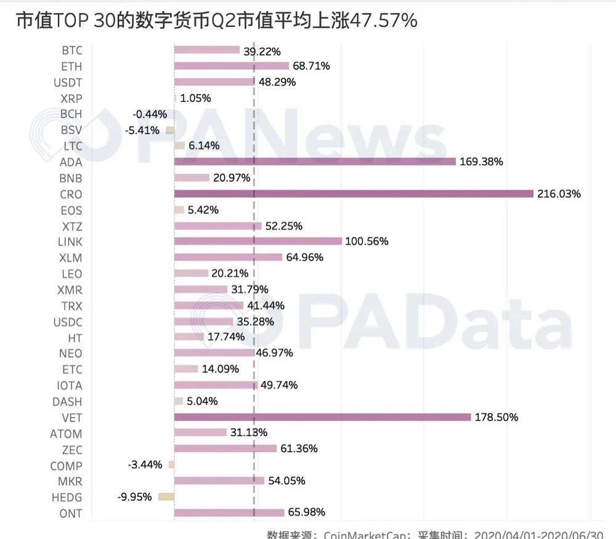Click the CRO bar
[x=354, y=193]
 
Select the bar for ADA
[x=315, y=161]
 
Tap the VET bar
[x=322, y=417]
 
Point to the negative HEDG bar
[x=166, y=496]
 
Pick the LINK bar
[x=258, y=241]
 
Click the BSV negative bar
[x=169, y=130]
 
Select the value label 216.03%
[x=559, y=194]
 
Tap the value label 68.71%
[x=310, y=66]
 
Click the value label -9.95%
[x=134, y=496]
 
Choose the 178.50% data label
[x=496, y=417]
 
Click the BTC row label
[x=71, y=50]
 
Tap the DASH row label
[x=67, y=401]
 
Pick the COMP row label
[x=66, y=465]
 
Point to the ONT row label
[x=71, y=513]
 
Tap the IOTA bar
[x=216, y=385]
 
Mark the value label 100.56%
[x=367, y=241]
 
